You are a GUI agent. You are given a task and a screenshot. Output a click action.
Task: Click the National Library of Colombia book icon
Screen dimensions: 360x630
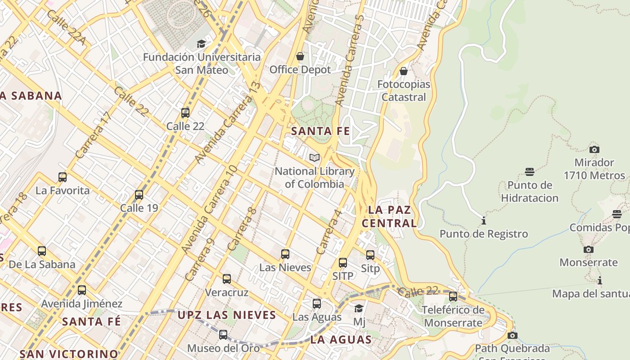pyautogui.click(x=315, y=157)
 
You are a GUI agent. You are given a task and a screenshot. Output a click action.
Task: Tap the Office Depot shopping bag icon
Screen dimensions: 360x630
pyautogui.click(x=300, y=56)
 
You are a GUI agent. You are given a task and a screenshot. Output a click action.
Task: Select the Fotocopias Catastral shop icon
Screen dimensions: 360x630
pyautogui.click(x=404, y=71)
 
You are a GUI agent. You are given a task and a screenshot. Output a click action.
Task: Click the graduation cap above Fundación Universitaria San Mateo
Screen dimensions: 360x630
pyautogui.click(x=201, y=44)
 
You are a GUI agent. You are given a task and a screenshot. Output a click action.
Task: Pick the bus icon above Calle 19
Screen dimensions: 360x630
pyautogui.click(x=139, y=194)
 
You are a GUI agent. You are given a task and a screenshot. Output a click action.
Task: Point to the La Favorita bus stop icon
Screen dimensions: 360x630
pyautogui.click(x=63, y=177)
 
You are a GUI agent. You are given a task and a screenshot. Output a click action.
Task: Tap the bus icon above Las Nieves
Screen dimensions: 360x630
pyautogui.click(x=285, y=254)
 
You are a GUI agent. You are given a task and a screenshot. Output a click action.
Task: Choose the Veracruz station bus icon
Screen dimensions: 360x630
pyautogui.click(x=227, y=279)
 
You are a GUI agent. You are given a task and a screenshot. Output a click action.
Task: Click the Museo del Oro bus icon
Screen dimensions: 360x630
pyautogui.click(x=223, y=334)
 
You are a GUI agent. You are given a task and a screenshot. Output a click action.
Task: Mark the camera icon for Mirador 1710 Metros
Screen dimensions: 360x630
pyautogui.click(x=594, y=149)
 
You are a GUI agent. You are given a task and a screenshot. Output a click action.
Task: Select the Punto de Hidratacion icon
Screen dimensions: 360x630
pyautogui.click(x=530, y=171)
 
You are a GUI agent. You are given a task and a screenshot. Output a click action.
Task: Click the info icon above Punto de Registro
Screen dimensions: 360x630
pyautogui.click(x=484, y=220)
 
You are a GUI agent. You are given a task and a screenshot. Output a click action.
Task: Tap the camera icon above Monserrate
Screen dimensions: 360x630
pyautogui.click(x=588, y=249)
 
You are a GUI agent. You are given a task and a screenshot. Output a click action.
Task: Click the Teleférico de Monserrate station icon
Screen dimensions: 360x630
pyautogui.click(x=453, y=296)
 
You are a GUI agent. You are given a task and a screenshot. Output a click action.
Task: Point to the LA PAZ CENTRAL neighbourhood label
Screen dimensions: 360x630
pyautogui.click(x=389, y=216)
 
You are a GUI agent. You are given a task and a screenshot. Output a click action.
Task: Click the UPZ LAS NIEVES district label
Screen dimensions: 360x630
pyautogui.click(x=226, y=315)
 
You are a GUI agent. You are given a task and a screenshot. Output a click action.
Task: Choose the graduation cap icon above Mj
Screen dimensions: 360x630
pyautogui.click(x=359, y=308)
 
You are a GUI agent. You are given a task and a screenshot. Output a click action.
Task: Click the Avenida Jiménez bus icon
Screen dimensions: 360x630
pyautogui.click(x=81, y=290)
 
